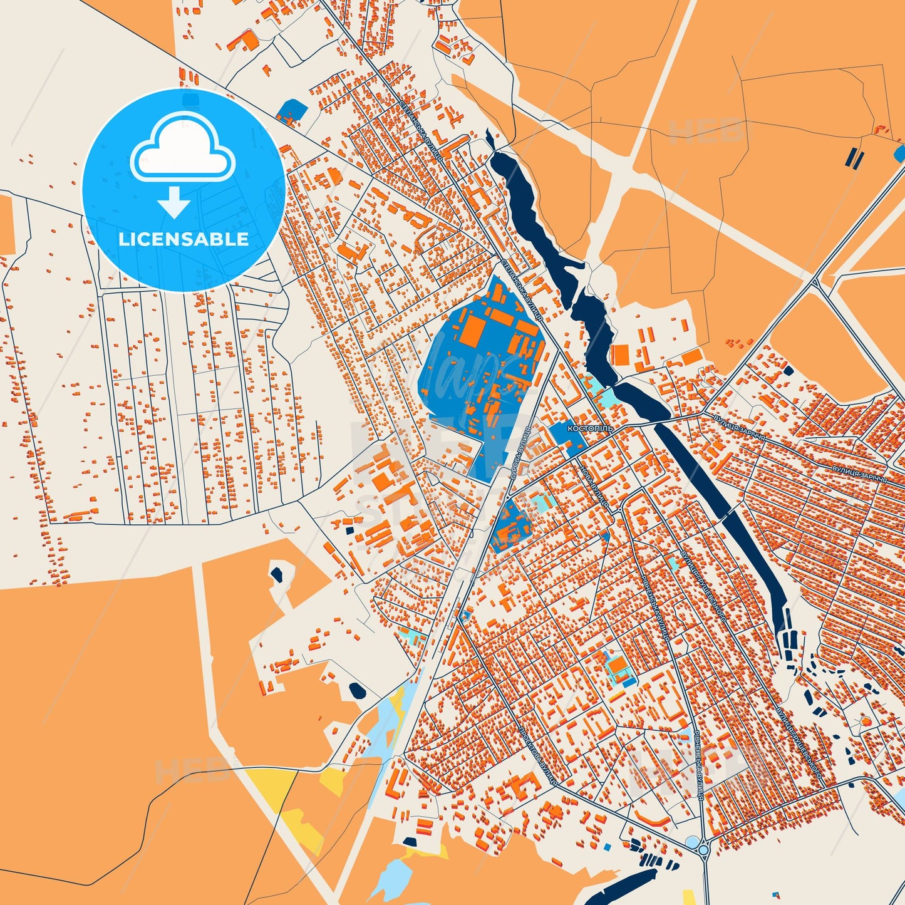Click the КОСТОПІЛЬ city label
coord(589,429)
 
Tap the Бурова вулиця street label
coord(519,451)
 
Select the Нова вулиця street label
coord(594,486)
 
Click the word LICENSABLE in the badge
coord(184,239)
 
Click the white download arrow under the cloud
coord(174,201)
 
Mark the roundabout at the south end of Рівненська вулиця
coord(703,850)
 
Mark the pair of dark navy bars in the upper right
coord(854,157)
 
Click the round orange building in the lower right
coord(866,721)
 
